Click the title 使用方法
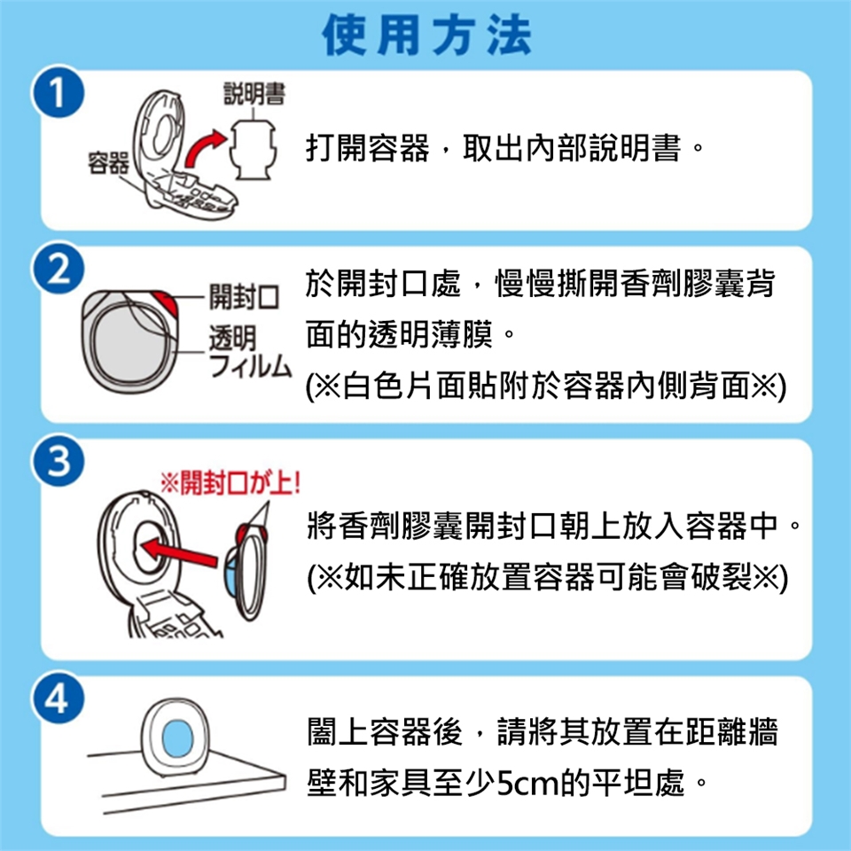(426, 35)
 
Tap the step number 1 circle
(59, 91)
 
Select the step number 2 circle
(59, 269)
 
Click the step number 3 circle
(59, 461)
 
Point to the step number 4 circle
(59, 698)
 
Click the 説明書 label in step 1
(254, 94)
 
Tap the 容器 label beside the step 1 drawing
(108, 163)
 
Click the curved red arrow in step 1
(204, 148)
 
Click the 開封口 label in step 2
(245, 297)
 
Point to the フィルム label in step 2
(250, 365)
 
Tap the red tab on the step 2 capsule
(166, 303)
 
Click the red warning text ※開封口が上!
(230, 482)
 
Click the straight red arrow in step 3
(179, 551)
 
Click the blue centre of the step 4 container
(177, 738)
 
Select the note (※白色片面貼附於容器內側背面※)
(546, 386)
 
